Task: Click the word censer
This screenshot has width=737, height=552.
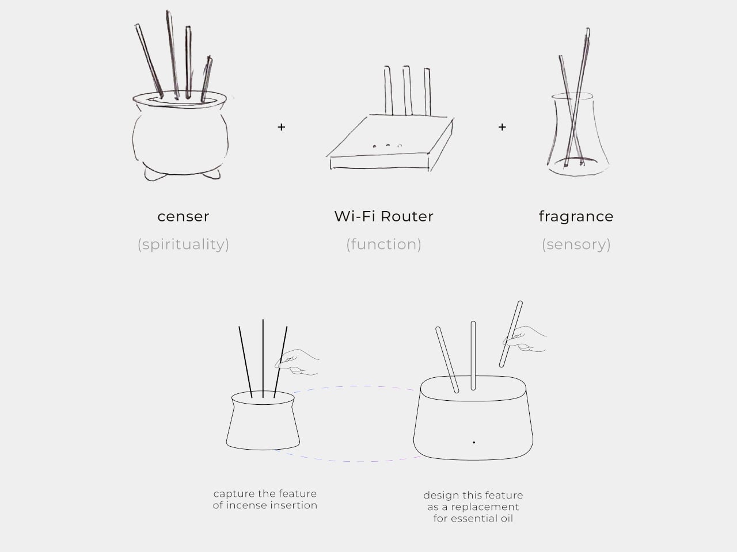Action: coord(183,217)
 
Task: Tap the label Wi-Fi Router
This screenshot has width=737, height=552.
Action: coord(384,216)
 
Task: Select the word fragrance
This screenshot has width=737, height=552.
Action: coord(576,216)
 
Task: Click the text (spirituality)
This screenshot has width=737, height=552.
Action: coord(183,244)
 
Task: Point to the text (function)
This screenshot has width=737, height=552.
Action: coord(384,244)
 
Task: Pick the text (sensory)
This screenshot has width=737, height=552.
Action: coord(576,245)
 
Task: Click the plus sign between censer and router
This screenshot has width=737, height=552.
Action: coord(282,127)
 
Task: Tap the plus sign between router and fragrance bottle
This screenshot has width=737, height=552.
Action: coord(502,127)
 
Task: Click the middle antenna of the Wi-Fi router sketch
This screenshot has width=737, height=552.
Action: coord(407,90)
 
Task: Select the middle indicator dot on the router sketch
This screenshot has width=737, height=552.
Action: coord(388,145)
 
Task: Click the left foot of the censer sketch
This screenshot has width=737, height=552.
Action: coord(155,174)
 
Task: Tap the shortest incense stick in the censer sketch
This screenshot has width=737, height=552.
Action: coord(207,79)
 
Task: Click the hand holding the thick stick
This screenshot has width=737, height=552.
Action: coord(525,339)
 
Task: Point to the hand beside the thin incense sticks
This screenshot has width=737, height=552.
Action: coord(297,362)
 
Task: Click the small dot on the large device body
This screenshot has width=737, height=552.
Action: coord(474,442)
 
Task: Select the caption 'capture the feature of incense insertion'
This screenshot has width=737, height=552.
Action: coord(265,499)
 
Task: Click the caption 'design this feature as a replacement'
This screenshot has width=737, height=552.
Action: coord(473,501)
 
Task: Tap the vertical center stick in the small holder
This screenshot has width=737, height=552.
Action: coord(263,359)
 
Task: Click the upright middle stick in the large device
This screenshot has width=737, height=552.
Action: coord(473,355)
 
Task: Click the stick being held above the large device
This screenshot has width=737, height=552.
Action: coord(511,334)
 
